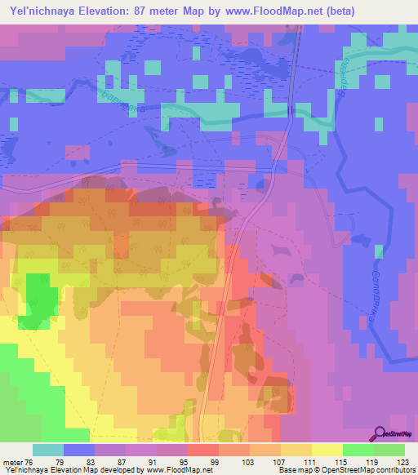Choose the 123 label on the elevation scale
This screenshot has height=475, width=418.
(403, 461)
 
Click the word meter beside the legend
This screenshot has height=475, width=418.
(11, 461)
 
